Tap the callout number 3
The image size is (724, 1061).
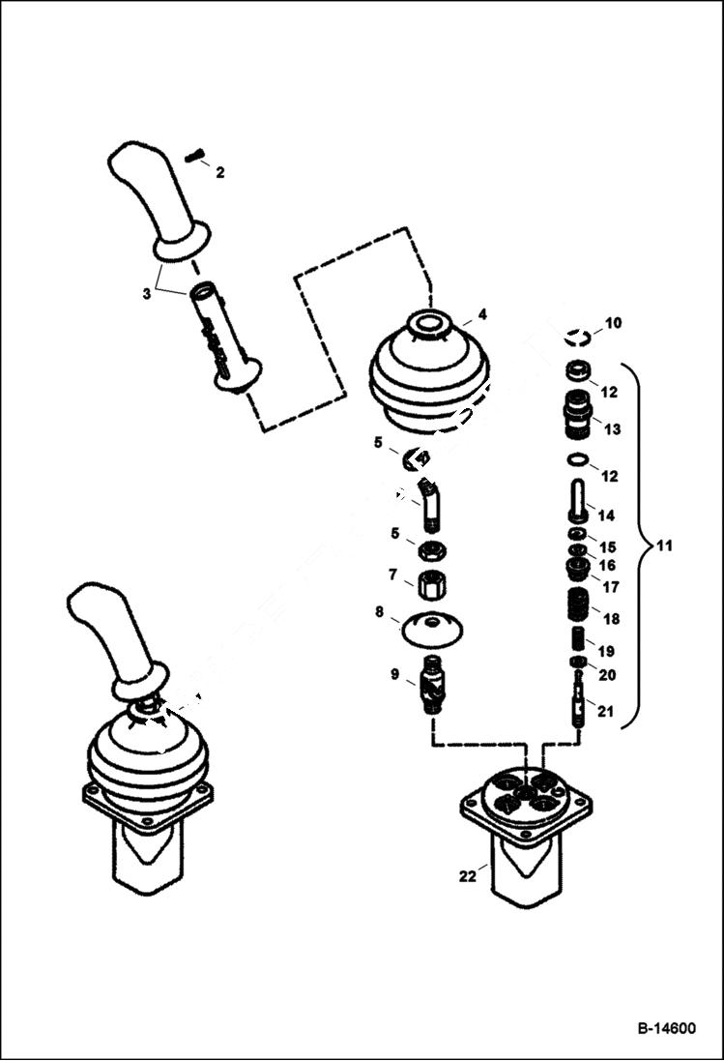[x=147, y=293]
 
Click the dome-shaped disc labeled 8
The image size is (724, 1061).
[x=431, y=628]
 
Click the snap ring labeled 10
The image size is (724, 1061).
[x=578, y=337]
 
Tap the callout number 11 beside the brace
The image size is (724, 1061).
[x=663, y=545]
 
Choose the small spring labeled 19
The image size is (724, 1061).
[x=578, y=640]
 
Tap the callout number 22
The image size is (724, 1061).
[x=468, y=876]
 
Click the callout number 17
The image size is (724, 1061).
[x=612, y=586]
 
